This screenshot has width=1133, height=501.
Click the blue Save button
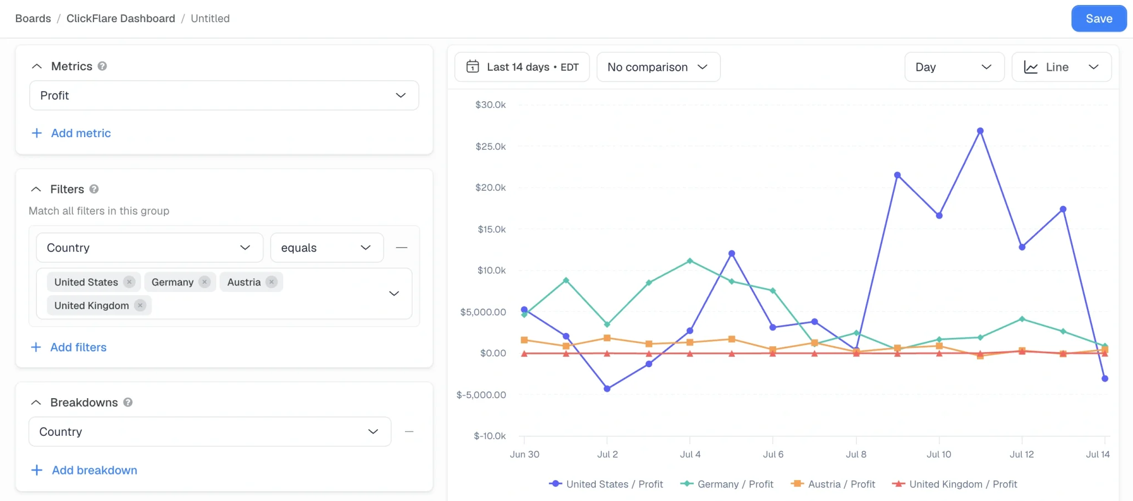[x=1099, y=18]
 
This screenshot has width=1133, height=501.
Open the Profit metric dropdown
[x=224, y=96]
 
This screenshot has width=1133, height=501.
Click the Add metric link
[x=71, y=133]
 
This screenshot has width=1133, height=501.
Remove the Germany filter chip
[x=205, y=282]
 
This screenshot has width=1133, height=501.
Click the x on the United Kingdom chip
[x=141, y=305]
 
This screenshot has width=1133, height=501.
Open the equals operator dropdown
[x=327, y=248]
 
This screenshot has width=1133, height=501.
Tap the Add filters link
[x=69, y=347]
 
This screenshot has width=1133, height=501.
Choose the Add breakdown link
[x=84, y=470]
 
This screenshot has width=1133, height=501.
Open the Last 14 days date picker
[x=522, y=67]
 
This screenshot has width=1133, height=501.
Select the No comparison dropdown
[x=658, y=67]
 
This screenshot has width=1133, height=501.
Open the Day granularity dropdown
[x=954, y=67]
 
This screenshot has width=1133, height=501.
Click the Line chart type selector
[x=1061, y=67]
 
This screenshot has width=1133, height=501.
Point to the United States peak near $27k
[x=980, y=131]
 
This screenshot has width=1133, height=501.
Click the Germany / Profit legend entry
[x=727, y=484]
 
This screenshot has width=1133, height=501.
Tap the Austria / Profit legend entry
[x=834, y=484]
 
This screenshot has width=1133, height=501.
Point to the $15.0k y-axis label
[x=492, y=229]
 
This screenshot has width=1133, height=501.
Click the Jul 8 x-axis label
[x=856, y=455]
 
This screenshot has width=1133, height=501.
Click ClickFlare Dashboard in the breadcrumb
[x=121, y=18]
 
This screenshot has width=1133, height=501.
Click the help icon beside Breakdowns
[x=128, y=403]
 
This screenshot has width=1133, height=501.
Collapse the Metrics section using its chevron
[x=37, y=66]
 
